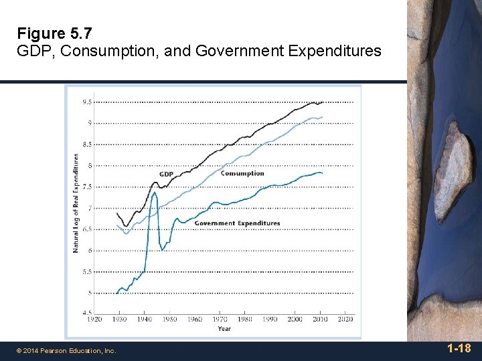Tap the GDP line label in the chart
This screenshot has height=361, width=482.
(x=166, y=174)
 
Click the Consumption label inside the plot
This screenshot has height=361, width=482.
(x=242, y=173)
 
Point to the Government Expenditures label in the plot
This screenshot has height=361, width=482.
(x=237, y=223)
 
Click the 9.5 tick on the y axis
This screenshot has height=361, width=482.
(x=87, y=102)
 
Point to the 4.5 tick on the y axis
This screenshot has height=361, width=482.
(x=87, y=313)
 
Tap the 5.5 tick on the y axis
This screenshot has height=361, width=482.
(x=87, y=272)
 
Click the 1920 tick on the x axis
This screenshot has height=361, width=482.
(x=95, y=320)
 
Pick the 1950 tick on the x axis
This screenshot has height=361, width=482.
(x=169, y=320)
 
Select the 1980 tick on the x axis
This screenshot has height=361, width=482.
(x=244, y=320)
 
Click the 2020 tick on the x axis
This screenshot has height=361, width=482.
(x=345, y=320)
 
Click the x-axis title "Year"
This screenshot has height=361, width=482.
(x=224, y=328)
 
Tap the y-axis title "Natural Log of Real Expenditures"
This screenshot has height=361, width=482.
(x=76, y=203)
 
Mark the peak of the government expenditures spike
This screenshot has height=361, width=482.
(x=155, y=193)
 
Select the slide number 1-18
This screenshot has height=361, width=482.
(x=459, y=348)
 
